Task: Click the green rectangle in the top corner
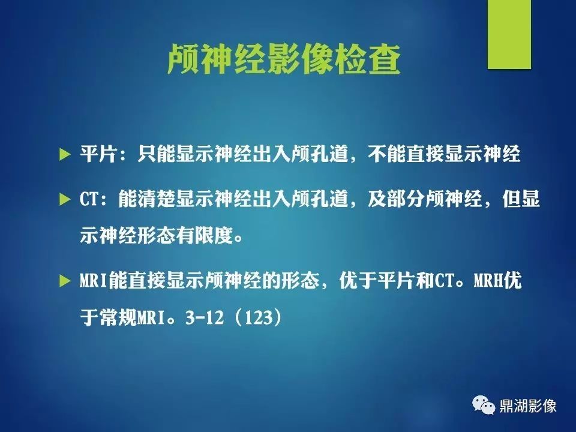coord(509,34)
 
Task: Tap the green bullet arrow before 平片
coord(65,155)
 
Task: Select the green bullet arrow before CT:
coord(65,199)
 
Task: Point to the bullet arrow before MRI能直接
coord(65,281)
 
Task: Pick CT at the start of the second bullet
coord(89,199)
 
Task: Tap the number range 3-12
coord(204,317)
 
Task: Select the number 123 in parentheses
coord(259,317)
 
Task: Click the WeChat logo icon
coord(484,405)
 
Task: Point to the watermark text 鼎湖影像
coord(528,406)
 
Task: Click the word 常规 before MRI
coord(118,317)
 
